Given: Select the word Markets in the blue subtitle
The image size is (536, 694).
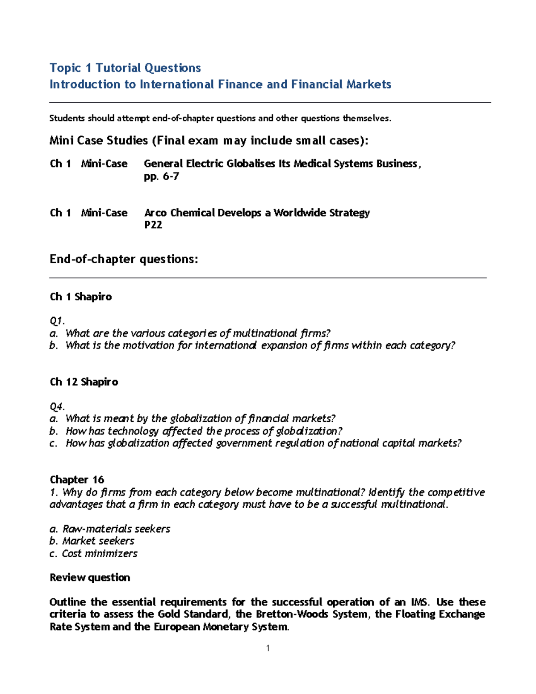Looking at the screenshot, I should [368, 84].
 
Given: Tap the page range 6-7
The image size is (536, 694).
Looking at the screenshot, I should [171, 177].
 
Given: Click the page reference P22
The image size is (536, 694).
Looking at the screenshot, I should [153, 225].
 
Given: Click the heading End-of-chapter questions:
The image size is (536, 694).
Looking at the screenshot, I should [124, 259].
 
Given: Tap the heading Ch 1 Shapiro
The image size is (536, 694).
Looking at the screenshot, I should [81, 297].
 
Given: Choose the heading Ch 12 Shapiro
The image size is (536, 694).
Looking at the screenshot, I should [84, 382].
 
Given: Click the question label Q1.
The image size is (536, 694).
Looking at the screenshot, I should [57, 321].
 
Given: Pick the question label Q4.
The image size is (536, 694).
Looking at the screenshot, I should [57, 407].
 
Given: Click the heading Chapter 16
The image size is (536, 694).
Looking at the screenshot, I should [77, 480].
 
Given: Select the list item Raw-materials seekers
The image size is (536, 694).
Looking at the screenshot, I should [116, 529].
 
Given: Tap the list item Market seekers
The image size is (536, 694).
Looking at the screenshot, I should [98, 541].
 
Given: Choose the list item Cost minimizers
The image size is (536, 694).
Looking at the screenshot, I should [100, 554].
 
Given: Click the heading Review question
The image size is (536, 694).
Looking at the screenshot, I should [90, 578].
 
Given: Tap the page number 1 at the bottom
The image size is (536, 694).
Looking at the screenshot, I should [268, 648].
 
